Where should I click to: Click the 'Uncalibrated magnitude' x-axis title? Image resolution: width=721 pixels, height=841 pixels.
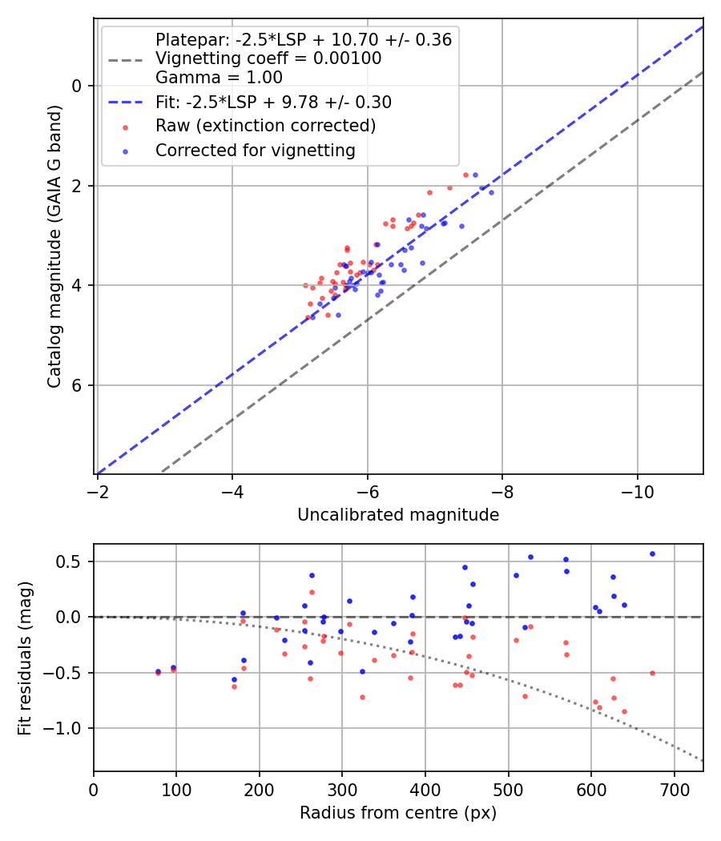click(398, 515)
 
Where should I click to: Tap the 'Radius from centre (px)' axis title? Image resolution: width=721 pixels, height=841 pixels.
click(398, 813)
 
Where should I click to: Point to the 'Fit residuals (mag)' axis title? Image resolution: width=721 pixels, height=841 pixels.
click(25, 658)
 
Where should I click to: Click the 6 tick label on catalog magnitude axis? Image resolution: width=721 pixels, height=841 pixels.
click(77, 385)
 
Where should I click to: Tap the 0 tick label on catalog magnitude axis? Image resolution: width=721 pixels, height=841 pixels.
click(77, 86)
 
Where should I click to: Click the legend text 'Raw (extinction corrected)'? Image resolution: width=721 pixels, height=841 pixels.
click(265, 126)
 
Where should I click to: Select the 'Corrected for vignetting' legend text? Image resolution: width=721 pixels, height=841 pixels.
click(255, 150)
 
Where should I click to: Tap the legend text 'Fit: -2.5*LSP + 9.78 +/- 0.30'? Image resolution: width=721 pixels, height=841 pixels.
click(273, 103)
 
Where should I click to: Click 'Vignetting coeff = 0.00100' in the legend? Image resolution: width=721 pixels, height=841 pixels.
click(268, 58)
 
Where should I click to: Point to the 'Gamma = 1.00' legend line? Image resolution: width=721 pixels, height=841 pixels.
click(219, 78)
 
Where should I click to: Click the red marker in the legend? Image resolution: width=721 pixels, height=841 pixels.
click(124, 127)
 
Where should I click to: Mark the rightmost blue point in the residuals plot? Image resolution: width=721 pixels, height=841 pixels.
click(652, 553)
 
